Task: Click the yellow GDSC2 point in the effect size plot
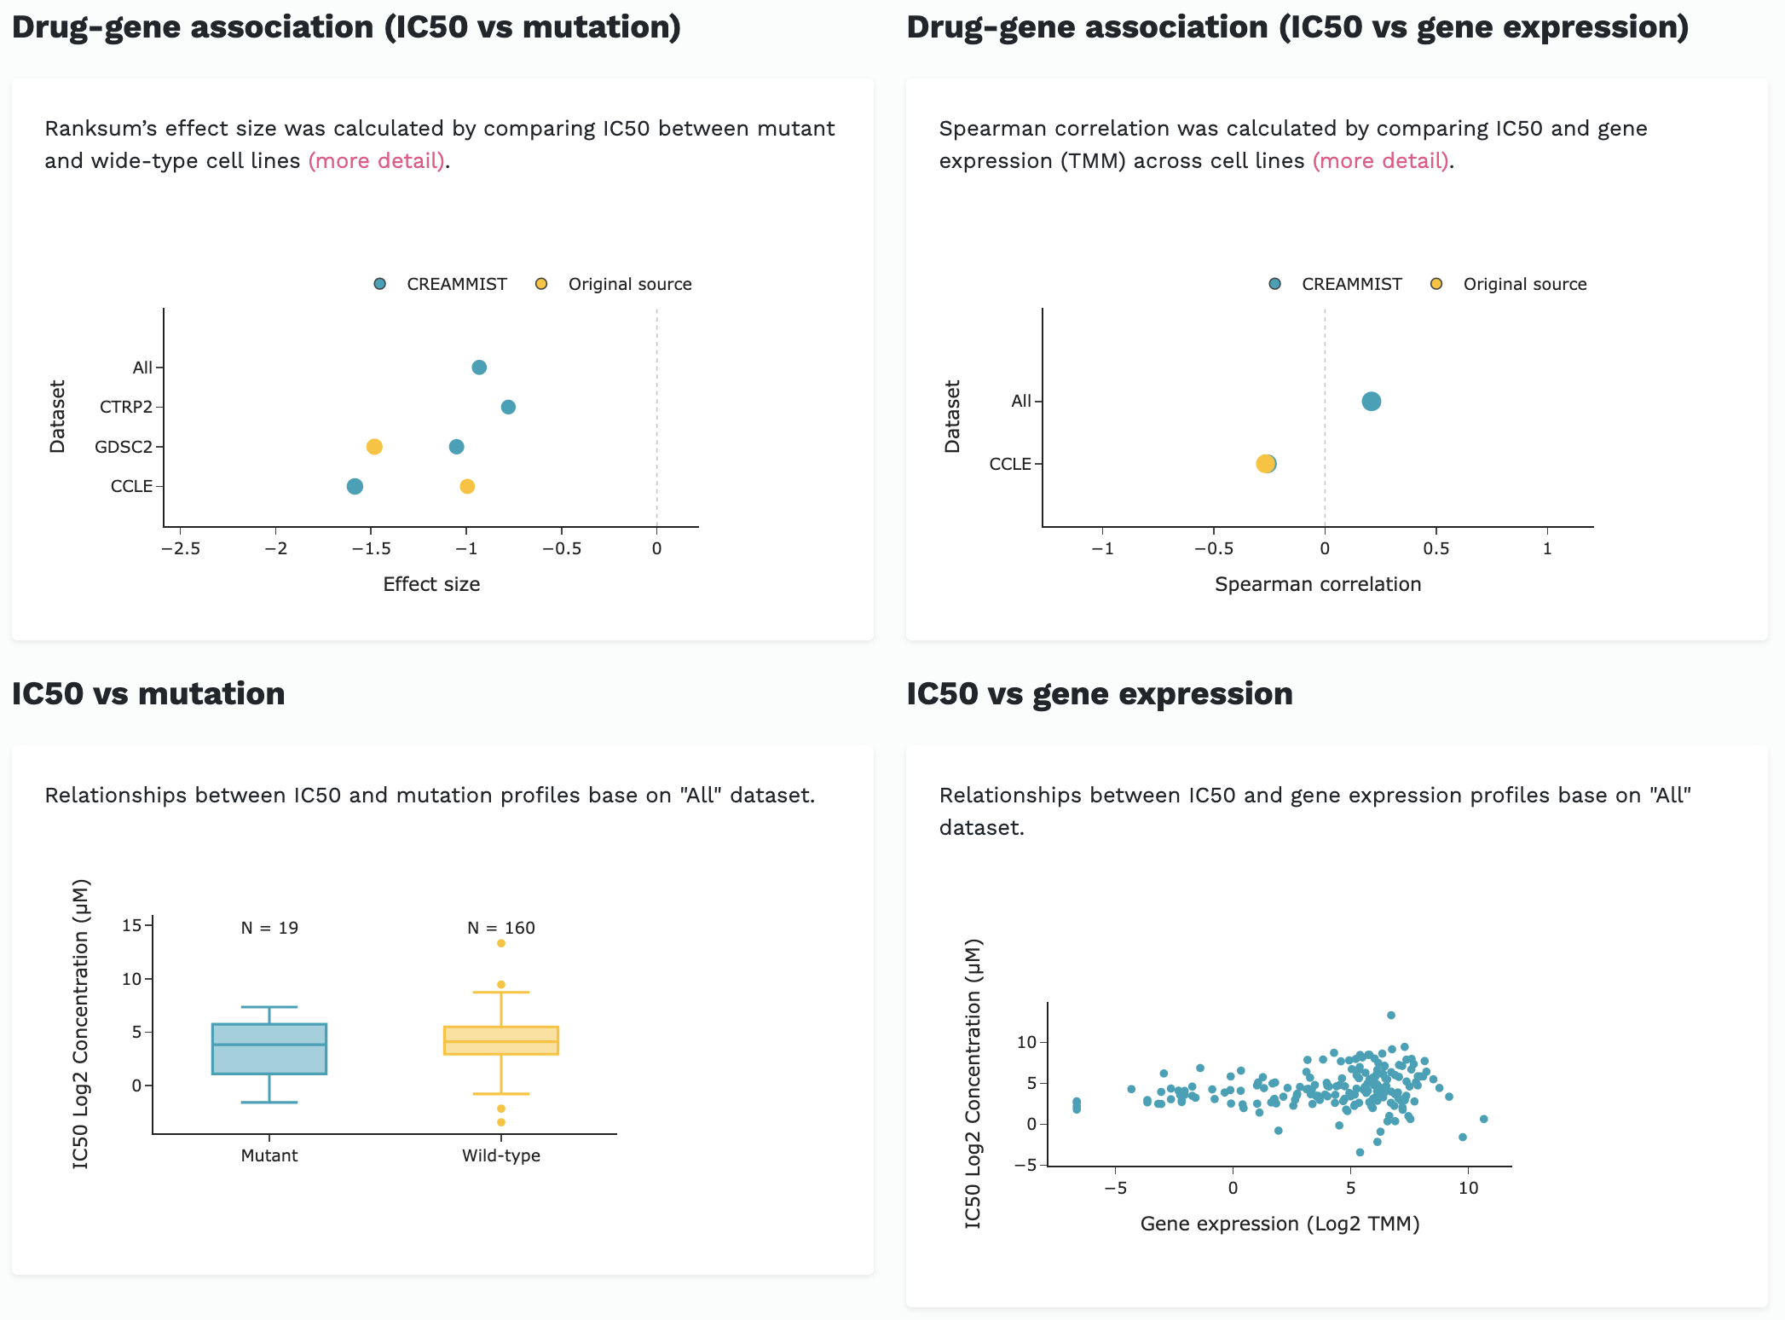click(374, 447)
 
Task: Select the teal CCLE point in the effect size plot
click(355, 486)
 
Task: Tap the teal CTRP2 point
click(508, 407)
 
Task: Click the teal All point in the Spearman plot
click(1371, 401)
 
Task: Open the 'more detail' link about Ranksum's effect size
click(376, 161)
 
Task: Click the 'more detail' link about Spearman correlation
click(1380, 161)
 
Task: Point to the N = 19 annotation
click(269, 928)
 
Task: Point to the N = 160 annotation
click(500, 928)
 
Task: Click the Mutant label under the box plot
click(269, 1155)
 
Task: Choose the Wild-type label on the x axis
click(500, 1155)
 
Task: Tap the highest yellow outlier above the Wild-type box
click(501, 943)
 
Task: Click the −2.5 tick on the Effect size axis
click(181, 548)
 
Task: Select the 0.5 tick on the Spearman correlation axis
click(1436, 548)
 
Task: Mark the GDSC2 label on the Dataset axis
click(124, 447)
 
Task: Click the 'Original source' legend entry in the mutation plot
click(629, 284)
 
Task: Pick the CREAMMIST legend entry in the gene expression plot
click(1350, 284)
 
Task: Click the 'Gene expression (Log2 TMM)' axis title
click(1280, 1224)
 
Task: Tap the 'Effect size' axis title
click(431, 584)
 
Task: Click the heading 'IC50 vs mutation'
click(148, 693)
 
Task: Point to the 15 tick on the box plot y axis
click(131, 925)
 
